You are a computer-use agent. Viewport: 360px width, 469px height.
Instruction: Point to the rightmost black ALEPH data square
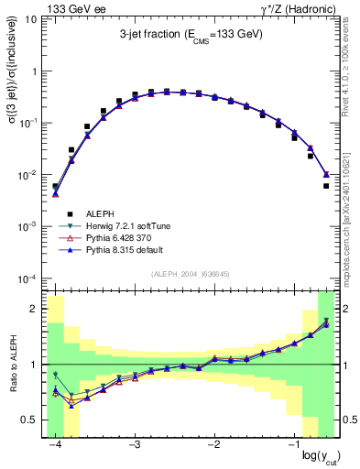326,186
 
